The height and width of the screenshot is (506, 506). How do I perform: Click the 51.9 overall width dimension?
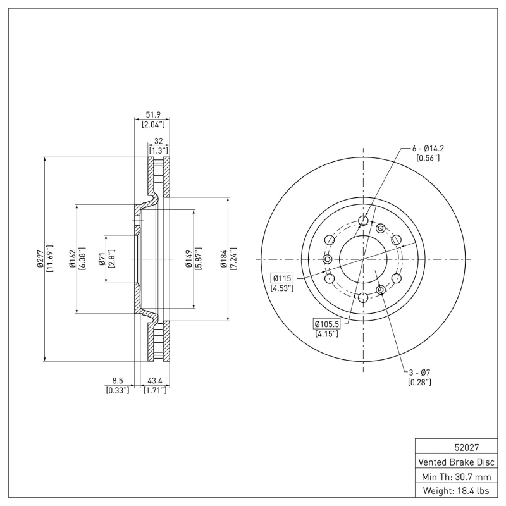(152, 114)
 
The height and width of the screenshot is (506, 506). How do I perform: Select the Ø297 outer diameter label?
(39, 259)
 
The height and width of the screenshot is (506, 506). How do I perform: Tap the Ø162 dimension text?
(73, 259)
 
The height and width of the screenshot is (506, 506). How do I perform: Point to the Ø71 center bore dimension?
(101, 259)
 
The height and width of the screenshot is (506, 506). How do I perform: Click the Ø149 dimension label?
(188, 259)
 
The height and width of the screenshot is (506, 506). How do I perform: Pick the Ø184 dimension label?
(223, 259)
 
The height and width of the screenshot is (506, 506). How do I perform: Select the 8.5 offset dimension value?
(118, 381)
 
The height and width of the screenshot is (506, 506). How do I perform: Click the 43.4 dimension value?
(156, 381)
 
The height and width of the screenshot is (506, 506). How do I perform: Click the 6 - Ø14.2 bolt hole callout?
(428, 149)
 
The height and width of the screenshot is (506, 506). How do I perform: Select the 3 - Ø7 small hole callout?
(421, 372)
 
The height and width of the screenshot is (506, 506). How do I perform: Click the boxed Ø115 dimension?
(281, 278)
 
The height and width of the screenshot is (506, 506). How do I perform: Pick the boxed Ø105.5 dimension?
(326, 324)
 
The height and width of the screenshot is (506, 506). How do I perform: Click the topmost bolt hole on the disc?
(363, 221)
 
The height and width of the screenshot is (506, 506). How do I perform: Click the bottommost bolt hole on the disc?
(363, 297)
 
